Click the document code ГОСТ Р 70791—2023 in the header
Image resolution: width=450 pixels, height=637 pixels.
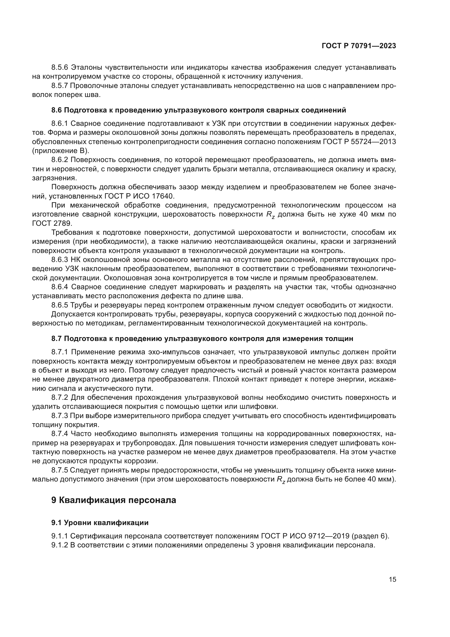click(x=359, y=46)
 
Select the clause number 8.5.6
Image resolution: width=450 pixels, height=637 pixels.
click(x=60, y=68)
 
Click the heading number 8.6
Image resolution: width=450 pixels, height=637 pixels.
click(x=57, y=110)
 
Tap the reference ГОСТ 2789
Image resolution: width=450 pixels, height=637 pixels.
click(x=52, y=223)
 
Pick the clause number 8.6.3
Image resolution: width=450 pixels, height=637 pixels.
click(x=60, y=260)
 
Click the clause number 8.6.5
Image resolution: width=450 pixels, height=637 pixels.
click(x=60, y=306)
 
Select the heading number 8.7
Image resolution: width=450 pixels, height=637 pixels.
click(x=57, y=339)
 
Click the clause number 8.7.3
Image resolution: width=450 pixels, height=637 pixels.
click(x=60, y=416)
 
